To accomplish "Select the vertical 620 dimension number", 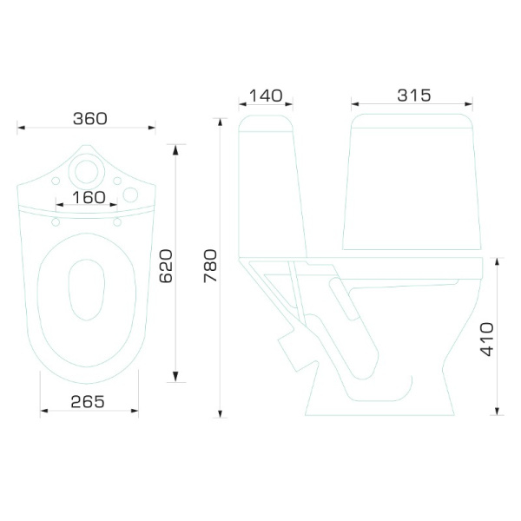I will (167, 265).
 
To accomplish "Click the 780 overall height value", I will (209, 265).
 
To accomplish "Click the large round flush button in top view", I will (88, 170).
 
